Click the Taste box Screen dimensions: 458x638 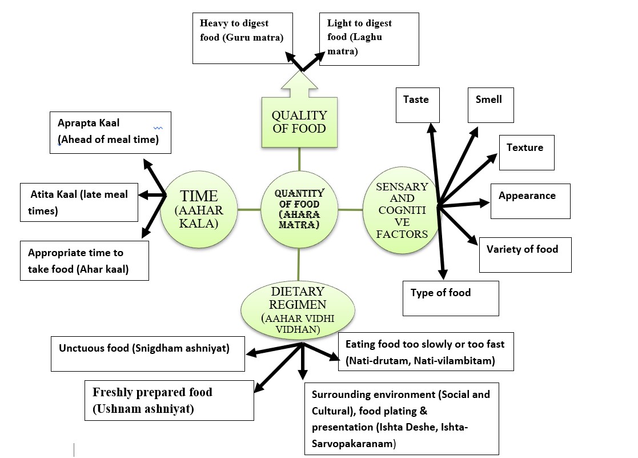[x=418, y=105]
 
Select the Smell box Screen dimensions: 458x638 [x=491, y=105]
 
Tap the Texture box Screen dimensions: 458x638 [x=527, y=153]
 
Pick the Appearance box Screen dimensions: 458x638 [x=530, y=201]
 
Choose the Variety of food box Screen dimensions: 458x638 [x=525, y=254]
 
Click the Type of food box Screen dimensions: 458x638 [x=451, y=298]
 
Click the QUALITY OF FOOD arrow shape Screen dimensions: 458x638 [x=299, y=117]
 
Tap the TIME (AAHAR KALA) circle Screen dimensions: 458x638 [x=199, y=209]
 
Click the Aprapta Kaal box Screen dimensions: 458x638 [x=110, y=132]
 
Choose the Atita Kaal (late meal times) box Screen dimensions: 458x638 [x=79, y=202]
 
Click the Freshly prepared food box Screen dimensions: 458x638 [x=169, y=400]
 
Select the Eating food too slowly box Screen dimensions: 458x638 [x=426, y=352]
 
